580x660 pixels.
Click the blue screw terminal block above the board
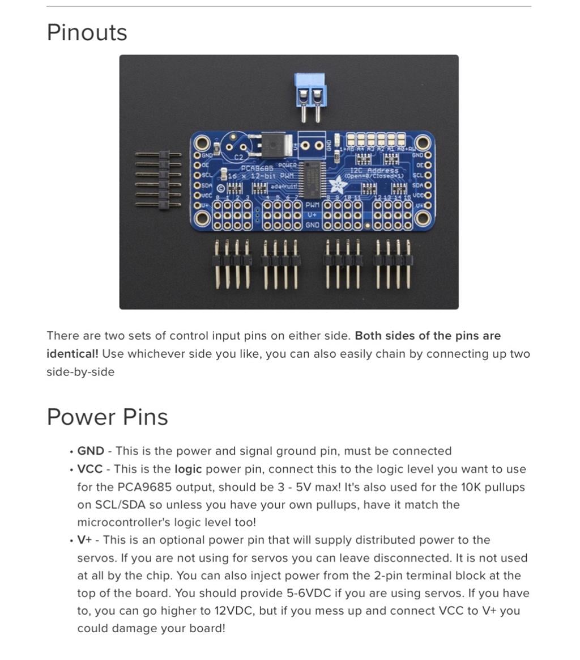(311, 91)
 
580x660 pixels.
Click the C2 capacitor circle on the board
(235, 145)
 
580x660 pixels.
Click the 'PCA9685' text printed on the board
(257, 168)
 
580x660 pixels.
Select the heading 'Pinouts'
(87, 32)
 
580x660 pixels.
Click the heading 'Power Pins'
(107, 417)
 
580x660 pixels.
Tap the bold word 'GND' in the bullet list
(91, 451)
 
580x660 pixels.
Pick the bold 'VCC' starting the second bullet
(90, 469)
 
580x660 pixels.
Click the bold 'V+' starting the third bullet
(84, 540)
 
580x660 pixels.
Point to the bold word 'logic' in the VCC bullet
(188, 469)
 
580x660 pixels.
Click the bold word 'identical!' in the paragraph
(72, 354)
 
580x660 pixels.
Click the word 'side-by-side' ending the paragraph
(80, 372)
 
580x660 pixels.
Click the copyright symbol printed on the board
(221, 188)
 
